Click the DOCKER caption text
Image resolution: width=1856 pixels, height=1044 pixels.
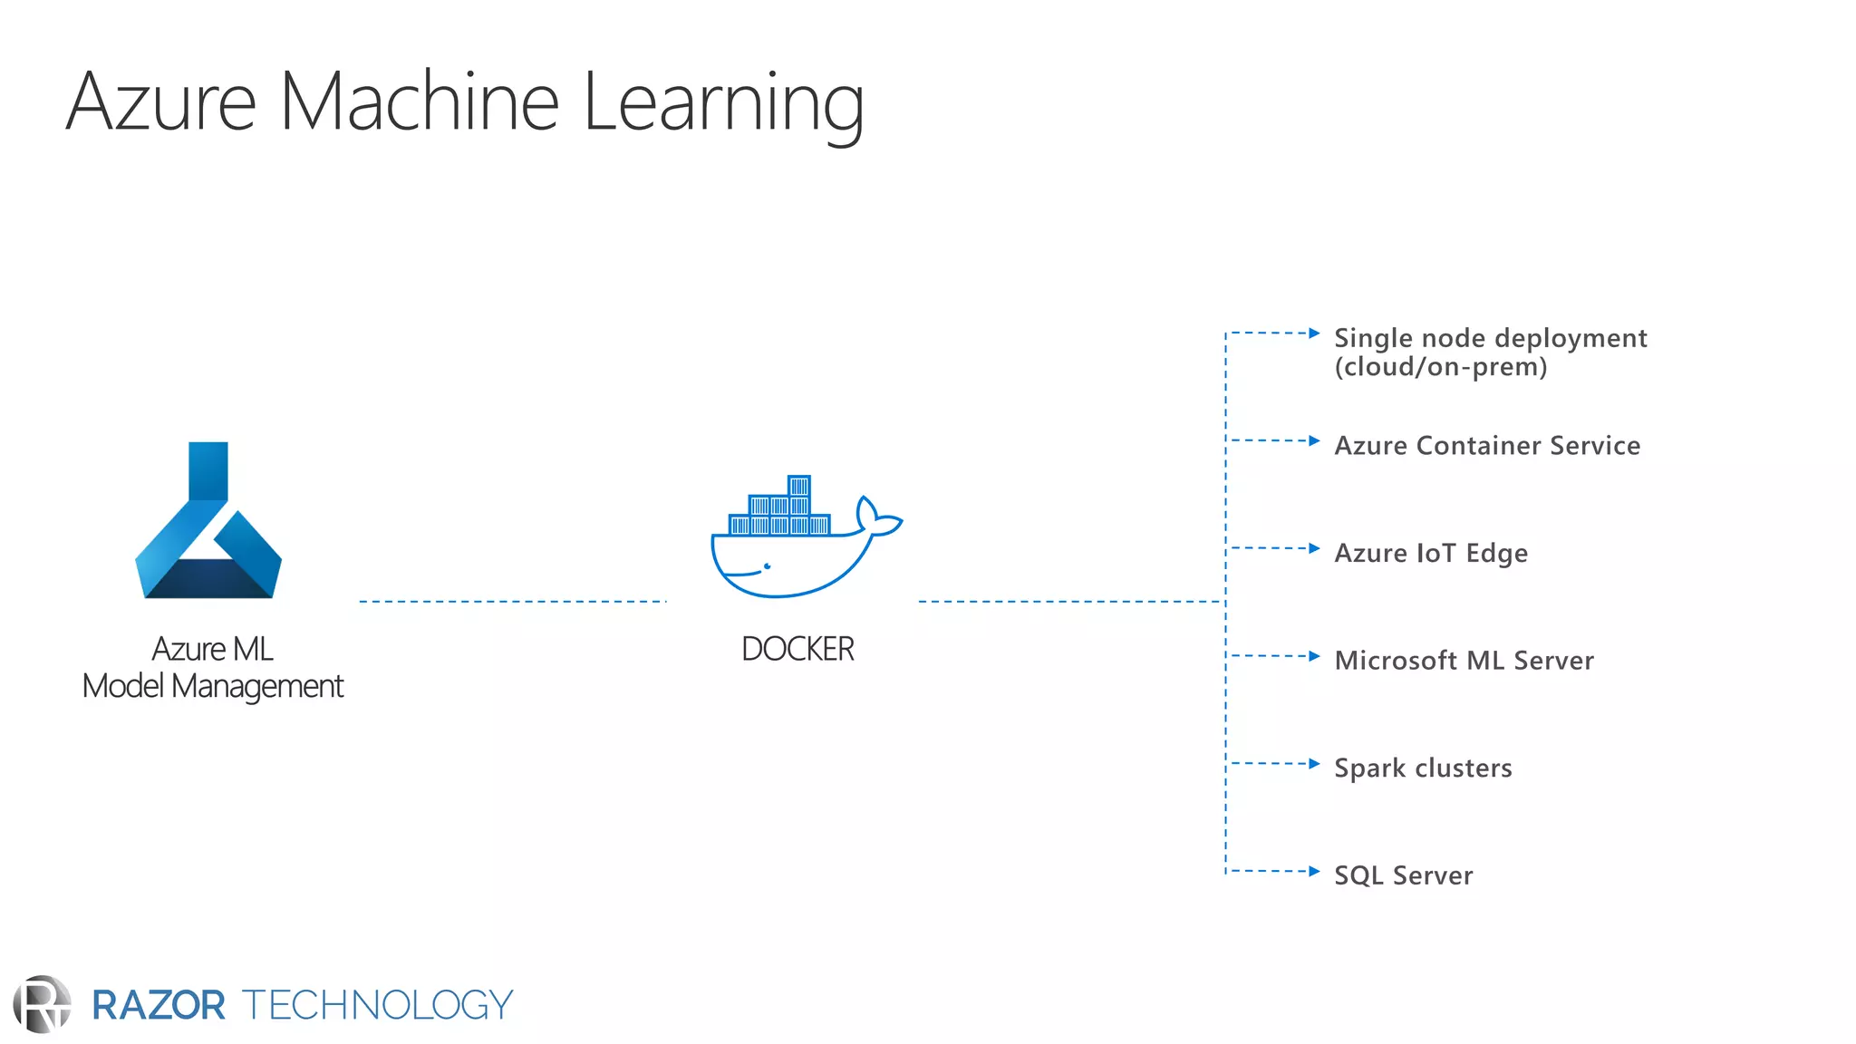[x=797, y=649]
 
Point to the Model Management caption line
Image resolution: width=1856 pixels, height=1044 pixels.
[x=213, y=687]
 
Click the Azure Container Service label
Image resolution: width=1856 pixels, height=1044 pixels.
[x=1487, y=446]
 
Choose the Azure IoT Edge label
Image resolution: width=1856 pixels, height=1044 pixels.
[x=1431, y=553]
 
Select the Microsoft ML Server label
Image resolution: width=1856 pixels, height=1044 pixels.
[x=1464, y=661]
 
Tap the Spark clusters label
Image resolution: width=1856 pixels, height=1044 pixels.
[x=1423, y=768]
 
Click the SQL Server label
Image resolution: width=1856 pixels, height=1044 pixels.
[x=1403, y=875]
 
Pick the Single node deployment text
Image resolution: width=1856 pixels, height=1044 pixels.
[x=1490, y=339]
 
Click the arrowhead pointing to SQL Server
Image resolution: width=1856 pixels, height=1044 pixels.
[x=1314, y=871]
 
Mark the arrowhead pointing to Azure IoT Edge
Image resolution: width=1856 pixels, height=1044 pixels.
[x=1314, y=548]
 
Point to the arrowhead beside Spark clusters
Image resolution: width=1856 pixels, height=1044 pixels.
[x=1314, y=763]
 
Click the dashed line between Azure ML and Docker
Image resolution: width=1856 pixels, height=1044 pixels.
[x=512, y=601]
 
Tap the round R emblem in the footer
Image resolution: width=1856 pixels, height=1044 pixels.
[x=42, y=1004]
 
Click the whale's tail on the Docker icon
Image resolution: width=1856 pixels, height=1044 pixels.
[x=877, y=518]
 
